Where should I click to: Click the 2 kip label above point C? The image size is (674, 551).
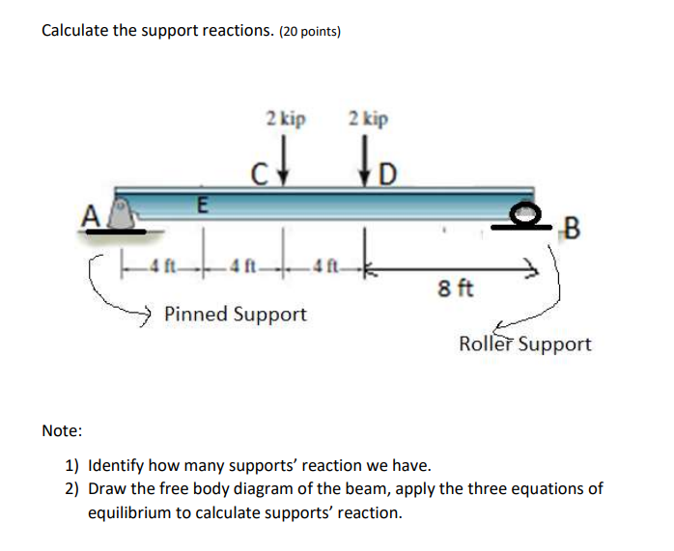[286, 120]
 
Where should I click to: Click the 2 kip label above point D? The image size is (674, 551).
[368, 120]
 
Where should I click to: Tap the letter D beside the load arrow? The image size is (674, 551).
[386, 176]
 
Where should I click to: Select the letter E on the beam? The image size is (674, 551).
[201, 205]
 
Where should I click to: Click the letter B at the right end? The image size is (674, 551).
[572, 229]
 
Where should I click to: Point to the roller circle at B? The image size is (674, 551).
[524, 214]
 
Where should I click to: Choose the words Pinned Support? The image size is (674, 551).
[236, 314]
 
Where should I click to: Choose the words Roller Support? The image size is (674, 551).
[525, 344]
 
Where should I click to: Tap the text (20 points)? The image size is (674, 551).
[310, 31]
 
